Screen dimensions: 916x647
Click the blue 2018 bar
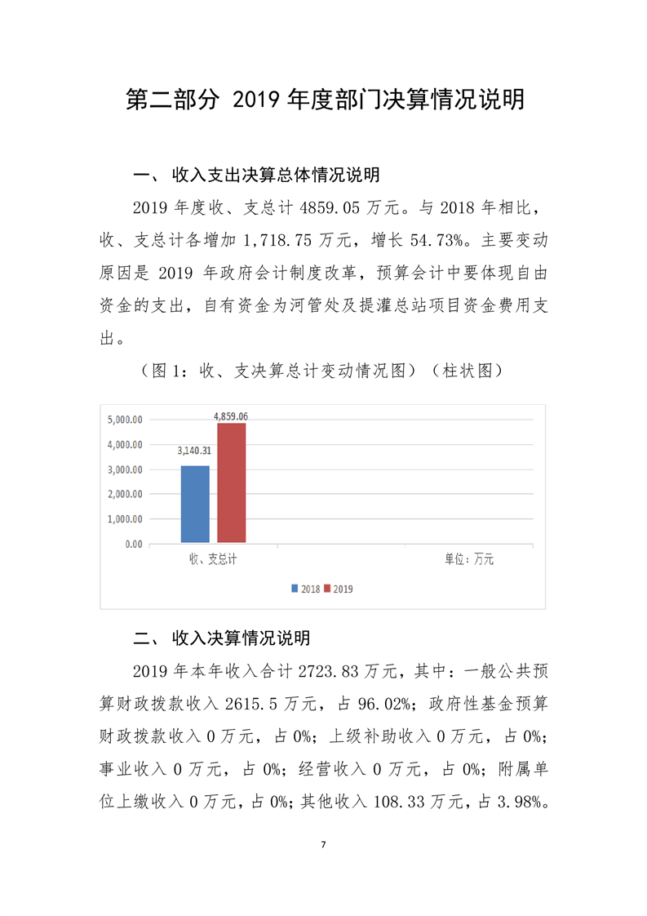(x=195, y=504)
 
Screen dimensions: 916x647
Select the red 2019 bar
(x=231, y=482)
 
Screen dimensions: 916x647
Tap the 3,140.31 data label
(x=195, y=450)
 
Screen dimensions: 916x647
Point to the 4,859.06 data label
(x=231, y=416)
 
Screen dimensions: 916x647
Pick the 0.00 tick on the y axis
(x=134, y=544)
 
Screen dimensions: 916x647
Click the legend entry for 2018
(x=306, y=589)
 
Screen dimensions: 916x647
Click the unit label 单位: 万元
(x=469, y=560)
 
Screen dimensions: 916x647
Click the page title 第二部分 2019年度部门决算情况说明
(x=324, y=100)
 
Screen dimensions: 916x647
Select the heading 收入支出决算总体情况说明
(x=276, y=176)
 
